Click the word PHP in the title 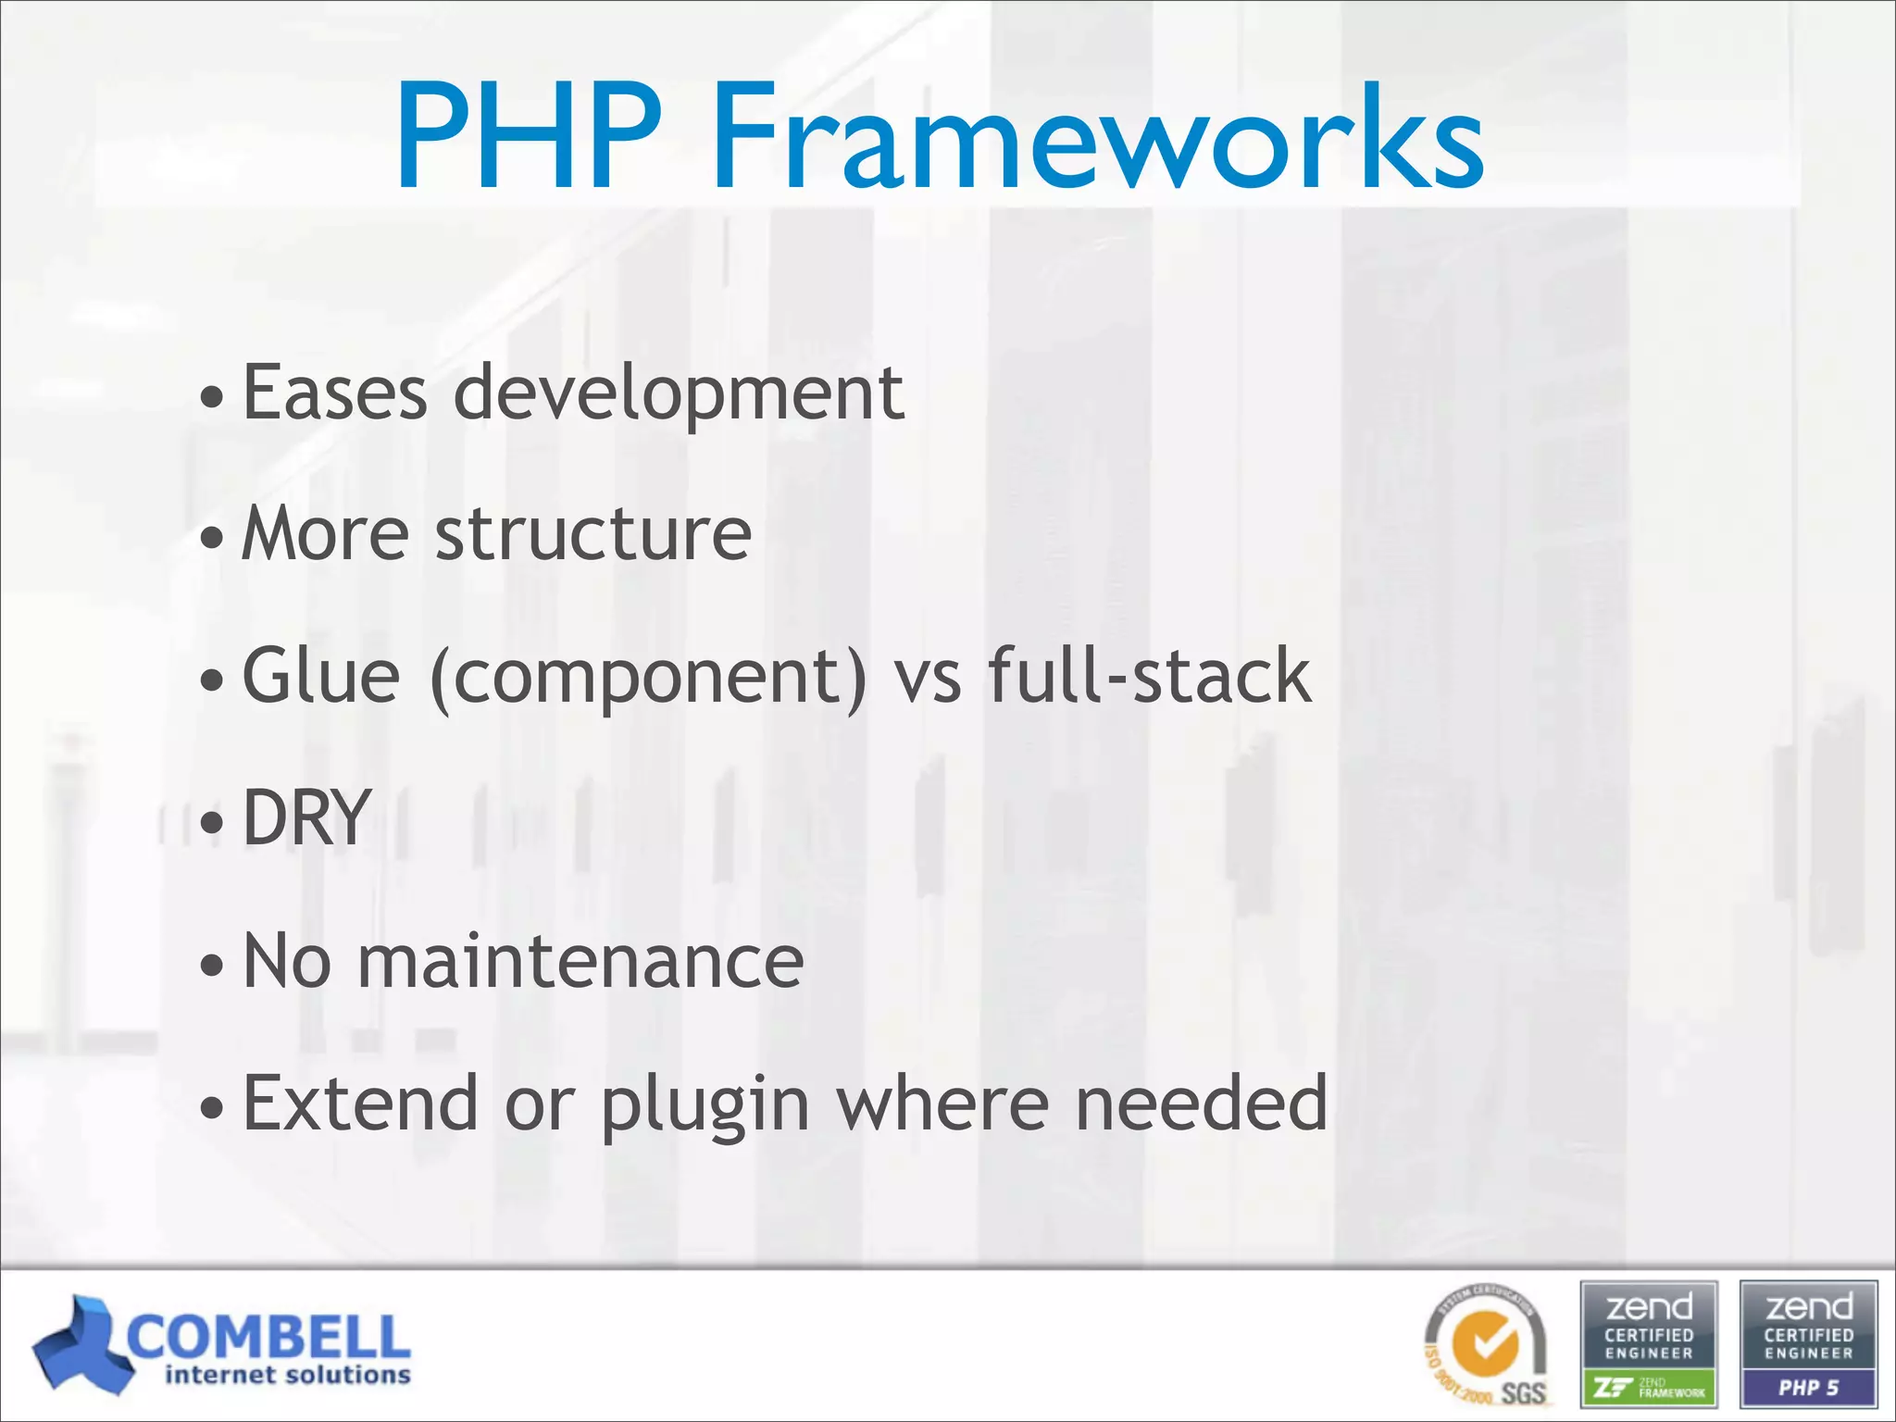point(529,139)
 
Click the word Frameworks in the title point(1097,139)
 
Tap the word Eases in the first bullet point(334,393)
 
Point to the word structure point(592,534)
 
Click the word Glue point(320,676)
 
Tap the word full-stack point(1149,676)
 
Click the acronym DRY point(306,817)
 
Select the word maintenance point(580,961)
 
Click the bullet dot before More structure point(212,538)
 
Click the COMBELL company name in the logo point(269,1337)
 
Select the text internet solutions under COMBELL point(287,1376)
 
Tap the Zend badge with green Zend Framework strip point(1649,1342)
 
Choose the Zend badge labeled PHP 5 point(1808,1342)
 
